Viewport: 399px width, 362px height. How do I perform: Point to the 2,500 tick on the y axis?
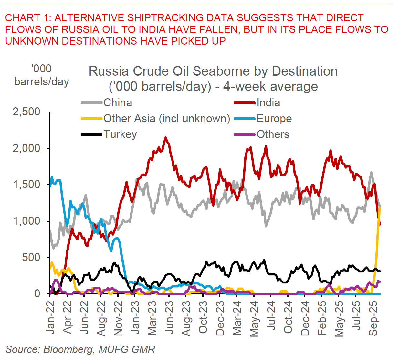[x=26, y=112]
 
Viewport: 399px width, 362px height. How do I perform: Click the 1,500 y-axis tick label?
[x=26, y=185]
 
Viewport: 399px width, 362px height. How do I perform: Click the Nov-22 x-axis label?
[x=118, y=318]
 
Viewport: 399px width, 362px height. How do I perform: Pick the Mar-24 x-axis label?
[x=237, y=318]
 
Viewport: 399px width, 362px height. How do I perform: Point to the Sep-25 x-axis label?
[x=373, y=318]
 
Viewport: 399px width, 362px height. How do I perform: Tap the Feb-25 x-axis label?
[x=322, y=318]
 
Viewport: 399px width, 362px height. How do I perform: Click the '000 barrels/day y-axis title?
[x=42, y=75]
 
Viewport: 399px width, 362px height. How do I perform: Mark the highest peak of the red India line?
[x=166, y=138]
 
